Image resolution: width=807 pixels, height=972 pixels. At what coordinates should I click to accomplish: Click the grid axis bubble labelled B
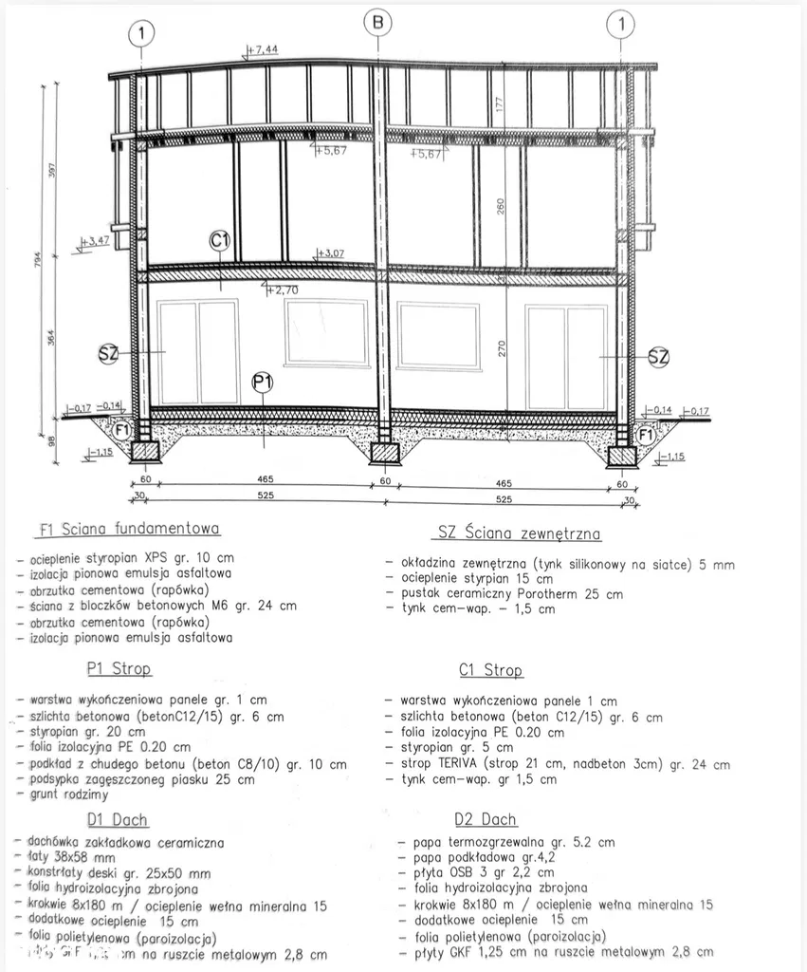(x=378, y=22)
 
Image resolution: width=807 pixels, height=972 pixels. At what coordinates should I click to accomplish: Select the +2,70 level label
(x=283, y=290)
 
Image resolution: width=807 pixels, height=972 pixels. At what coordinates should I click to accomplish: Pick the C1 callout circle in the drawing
(x=220, y=241)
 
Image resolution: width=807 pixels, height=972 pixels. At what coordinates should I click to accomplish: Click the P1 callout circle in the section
(x=263, y=383)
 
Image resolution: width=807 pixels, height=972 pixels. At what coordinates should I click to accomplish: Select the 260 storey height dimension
(x=500, y=205)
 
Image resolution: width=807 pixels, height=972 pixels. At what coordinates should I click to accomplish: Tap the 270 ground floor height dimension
(x=502, y=348)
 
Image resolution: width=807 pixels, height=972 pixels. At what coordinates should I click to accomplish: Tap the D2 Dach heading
(x=486, y=819)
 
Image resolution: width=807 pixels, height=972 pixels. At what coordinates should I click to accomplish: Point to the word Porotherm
(x=559, y=594)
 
